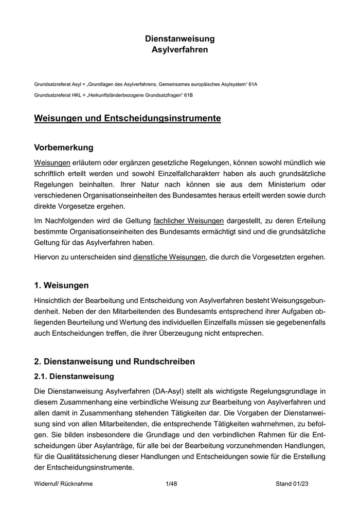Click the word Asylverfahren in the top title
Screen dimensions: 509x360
pyautogui.click(x=180, y=50)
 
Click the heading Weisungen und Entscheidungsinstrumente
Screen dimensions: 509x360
pyautogui.click(x=128, y=119)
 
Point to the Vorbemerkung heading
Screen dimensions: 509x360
pyautogui.click(x=64, y=148)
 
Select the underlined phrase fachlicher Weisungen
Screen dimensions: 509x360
pyautogui.click(x=188, y=221)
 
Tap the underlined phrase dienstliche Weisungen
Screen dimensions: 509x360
pyautogui.click(x=169, y=257)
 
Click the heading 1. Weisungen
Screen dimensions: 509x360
pyautogui.click(x=61, y=285)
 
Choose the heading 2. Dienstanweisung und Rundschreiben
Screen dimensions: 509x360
pyautogui.click(x=114, y=361)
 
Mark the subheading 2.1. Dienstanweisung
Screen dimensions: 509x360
pyautogui.click(x=74, y=377)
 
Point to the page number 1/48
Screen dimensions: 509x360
pyautogui.click(x=171, y=484)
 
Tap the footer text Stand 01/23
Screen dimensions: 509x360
pyautogui.click(x=292, y=484)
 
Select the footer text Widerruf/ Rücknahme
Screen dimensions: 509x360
pyautogui.click(x=63, y=484)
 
